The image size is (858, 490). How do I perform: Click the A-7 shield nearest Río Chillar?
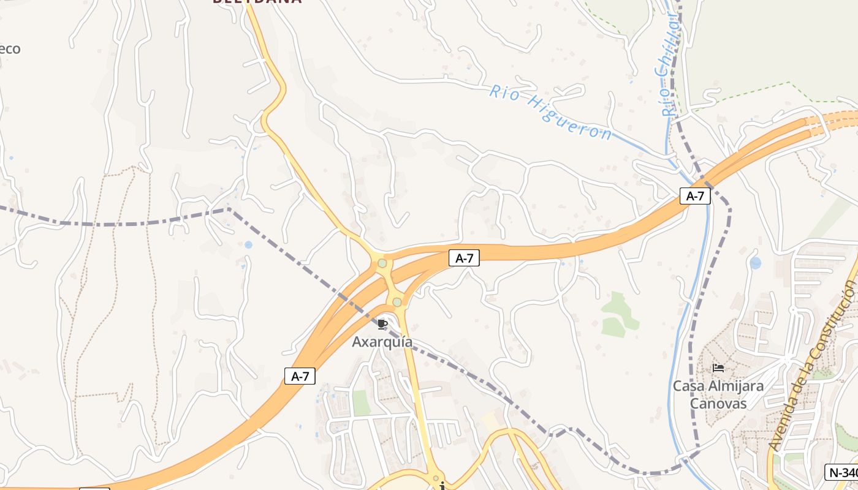[695, 196]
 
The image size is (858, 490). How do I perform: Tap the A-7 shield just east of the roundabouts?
[463, 258]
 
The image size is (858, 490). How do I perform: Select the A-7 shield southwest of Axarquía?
[300, 376]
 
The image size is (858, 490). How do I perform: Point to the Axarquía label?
[382, 342]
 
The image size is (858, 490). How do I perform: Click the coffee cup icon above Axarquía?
[382, 324]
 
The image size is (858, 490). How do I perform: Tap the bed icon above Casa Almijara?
[718, 368]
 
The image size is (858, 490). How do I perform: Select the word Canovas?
[718, 403]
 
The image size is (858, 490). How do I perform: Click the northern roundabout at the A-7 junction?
[382, 263]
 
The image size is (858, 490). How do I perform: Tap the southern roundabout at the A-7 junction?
[397, 302]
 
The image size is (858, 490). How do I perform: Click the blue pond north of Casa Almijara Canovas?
[755, 263]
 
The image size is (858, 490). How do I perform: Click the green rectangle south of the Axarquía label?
[361, 402]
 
